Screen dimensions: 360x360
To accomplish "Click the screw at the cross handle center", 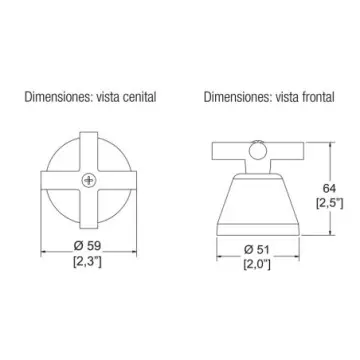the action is pos(88,180).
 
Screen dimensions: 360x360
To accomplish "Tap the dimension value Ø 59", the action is pos(87,246).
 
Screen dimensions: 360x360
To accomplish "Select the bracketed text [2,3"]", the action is pos(87,262).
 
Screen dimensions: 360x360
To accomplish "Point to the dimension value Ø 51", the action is pos(257,250).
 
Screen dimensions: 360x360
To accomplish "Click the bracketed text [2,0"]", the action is pos(257,264).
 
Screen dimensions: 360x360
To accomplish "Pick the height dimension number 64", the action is pos(329,188).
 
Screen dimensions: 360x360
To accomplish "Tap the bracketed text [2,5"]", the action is pos(329,203).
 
